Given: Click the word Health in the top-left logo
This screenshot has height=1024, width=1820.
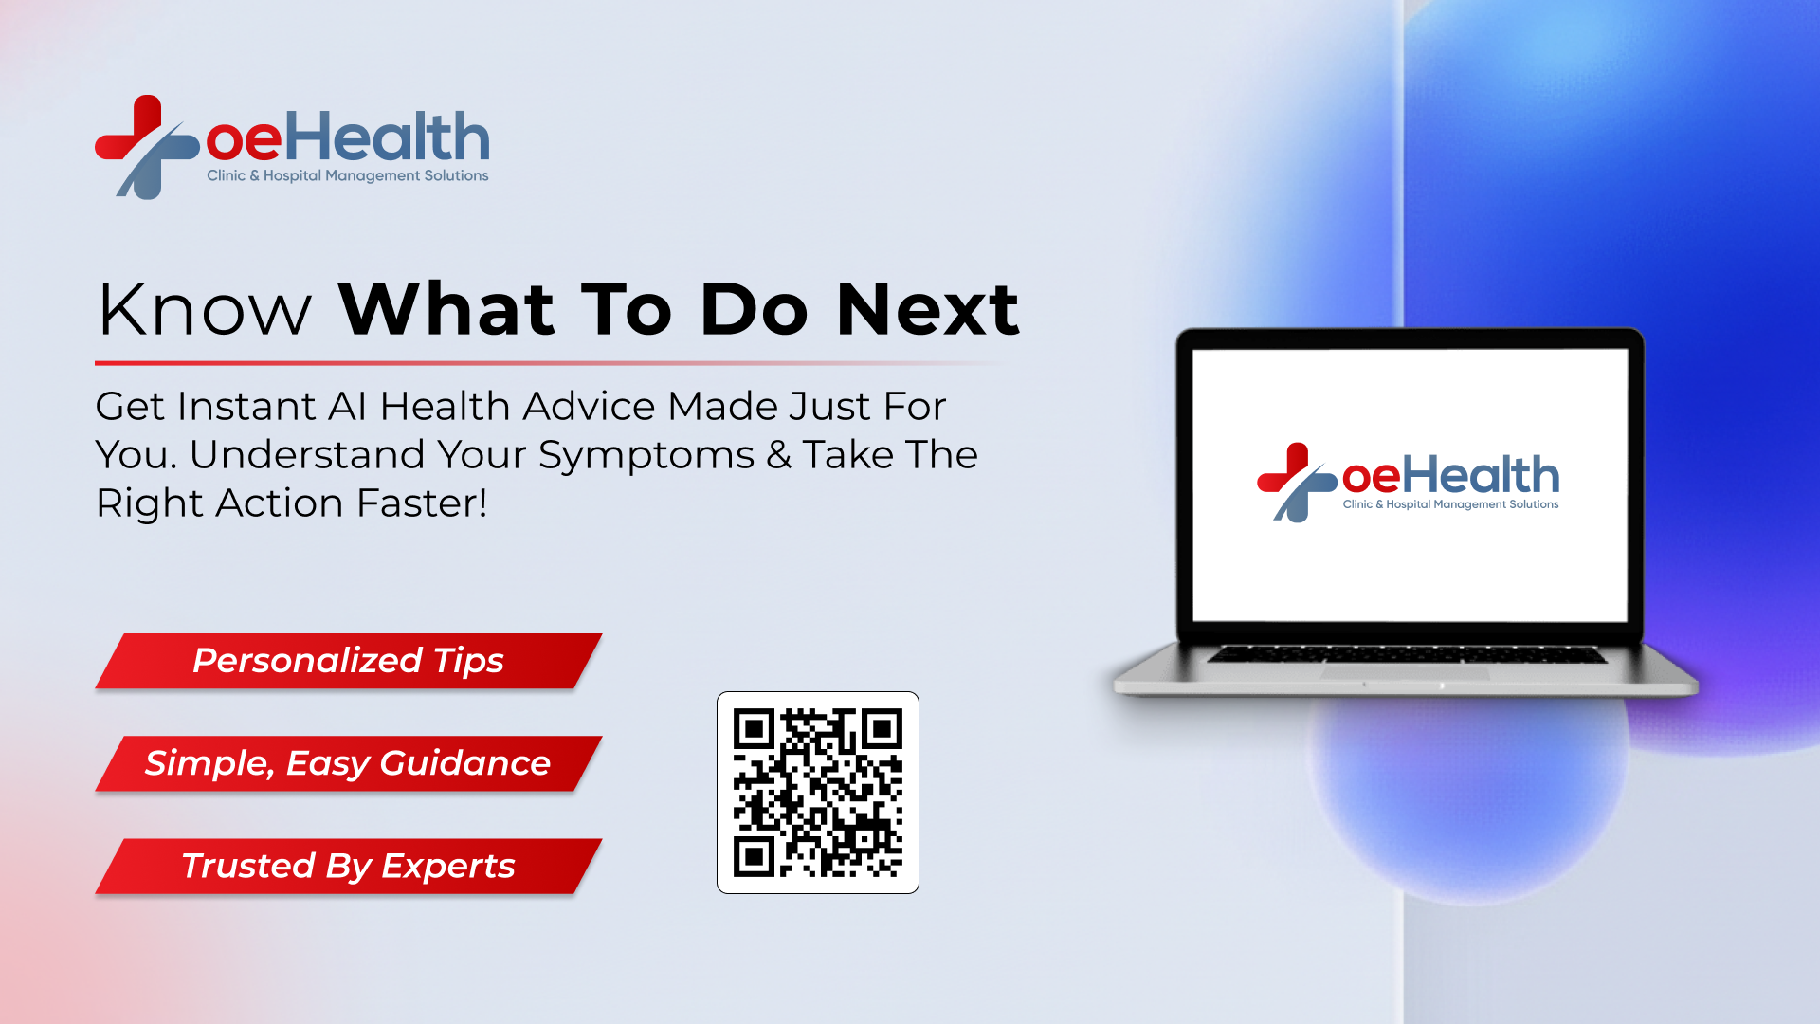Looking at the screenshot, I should pyautogui.click(x=388, y=137).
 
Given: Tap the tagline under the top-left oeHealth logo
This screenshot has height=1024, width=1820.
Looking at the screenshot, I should pyautogui.click(x=348, y=175).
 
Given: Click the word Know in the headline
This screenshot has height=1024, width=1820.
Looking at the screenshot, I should pyautogui.click(x=205, y=310).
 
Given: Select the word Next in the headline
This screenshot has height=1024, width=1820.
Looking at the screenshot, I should pyautogui.click(x=927, y=310).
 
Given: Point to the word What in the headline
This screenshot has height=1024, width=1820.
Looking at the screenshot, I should pyautogui.click(x=446, y=310).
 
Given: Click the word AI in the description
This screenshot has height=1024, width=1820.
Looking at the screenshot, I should pyautogui.click(x=347, y=407).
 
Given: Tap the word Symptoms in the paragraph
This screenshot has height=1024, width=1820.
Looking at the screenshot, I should pyautogui.click(x=646, y=456).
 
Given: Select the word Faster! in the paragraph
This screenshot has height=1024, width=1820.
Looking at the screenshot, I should pyautogui.click(x=422, y=503).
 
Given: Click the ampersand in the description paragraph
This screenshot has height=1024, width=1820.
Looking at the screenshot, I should pyautogui.click(x=778, y=455).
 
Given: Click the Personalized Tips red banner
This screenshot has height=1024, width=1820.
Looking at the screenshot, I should pyautogui.click(x=348, y=661).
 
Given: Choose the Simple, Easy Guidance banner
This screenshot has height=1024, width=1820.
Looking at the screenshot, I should pyautogui.click(x=348, y=763).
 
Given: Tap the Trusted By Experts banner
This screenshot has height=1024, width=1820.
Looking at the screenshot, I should pyautogui.click(x=348, y=866).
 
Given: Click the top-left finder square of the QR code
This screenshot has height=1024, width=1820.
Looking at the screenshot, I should pyautogui.click(x=755, y=729).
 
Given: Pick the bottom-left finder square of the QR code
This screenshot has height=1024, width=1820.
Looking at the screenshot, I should pyautogui.click(x=755, y=856).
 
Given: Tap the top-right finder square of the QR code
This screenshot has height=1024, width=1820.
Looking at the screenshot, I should pyautogui.click(x=882, y=729).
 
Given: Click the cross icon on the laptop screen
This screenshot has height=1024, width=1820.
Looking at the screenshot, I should pyautogui.click(x=1295, y=482).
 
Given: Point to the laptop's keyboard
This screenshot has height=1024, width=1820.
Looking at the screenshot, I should pyautogui.click(x=1406, y=655).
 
